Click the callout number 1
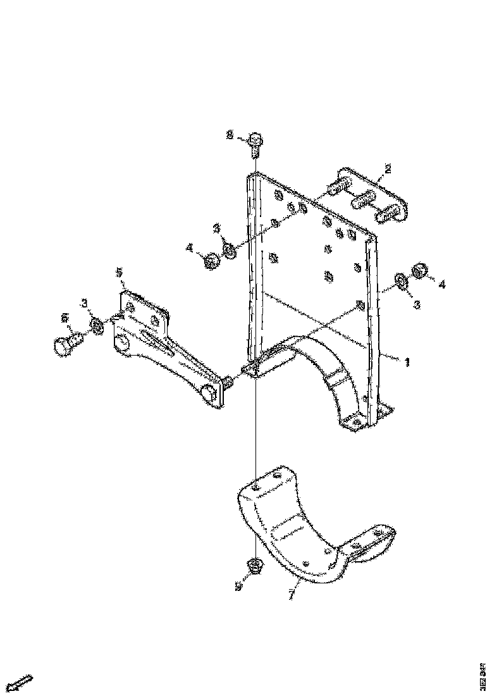408,362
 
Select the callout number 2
388,168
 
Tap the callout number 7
291,595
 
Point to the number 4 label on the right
442,285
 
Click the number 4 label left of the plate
190,249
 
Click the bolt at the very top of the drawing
255,144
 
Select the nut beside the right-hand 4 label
419,271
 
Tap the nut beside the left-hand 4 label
212,261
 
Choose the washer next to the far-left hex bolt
97,326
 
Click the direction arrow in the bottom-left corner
23,683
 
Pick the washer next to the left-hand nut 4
230,252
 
